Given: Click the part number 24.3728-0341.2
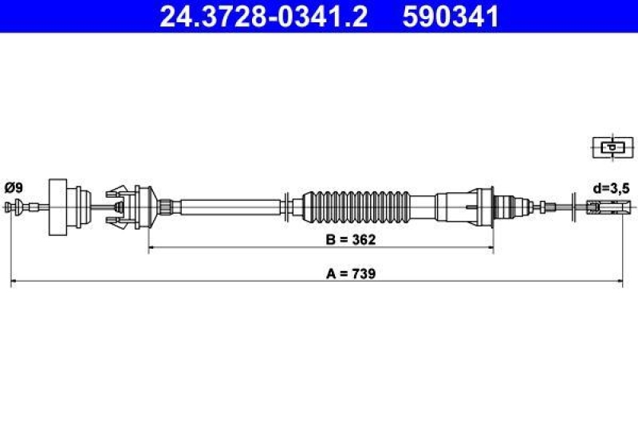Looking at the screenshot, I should point(263,16).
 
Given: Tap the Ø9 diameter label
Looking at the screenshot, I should point(14,188).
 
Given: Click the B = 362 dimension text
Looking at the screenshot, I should point(349,238).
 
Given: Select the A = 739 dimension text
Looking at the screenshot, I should point(351,273).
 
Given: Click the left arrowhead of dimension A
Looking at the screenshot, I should point(14,281).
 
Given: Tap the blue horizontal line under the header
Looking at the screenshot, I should point(319,33).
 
